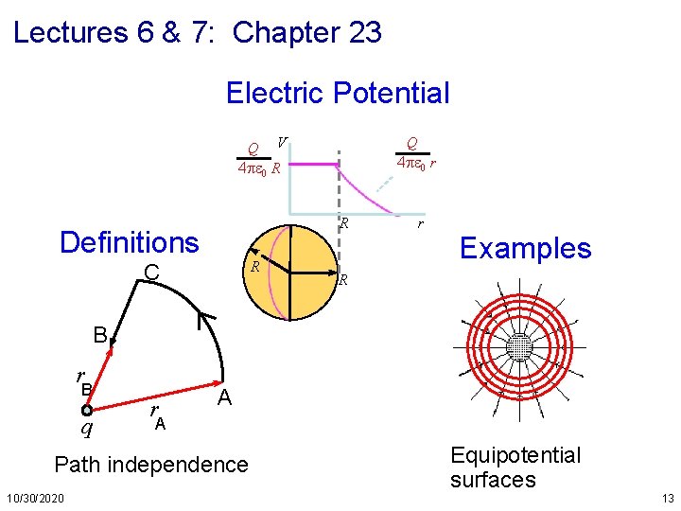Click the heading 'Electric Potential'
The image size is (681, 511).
coord(338,93)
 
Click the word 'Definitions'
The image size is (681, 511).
coord(129,242)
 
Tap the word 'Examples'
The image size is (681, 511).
coord(525,248)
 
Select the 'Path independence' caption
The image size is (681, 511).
coord(151,465)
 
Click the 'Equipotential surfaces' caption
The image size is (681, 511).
coord(515,467)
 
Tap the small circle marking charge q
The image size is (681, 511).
coord(86,411)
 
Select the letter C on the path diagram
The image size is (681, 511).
coord(150,274)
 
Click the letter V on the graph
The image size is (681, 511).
coord(283,142)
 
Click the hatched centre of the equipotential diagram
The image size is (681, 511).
coord(519,348)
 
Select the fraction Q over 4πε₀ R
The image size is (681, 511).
coord(257,160)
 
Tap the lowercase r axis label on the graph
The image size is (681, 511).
coord(420,225)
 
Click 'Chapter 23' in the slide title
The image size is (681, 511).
coord(307,33)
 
